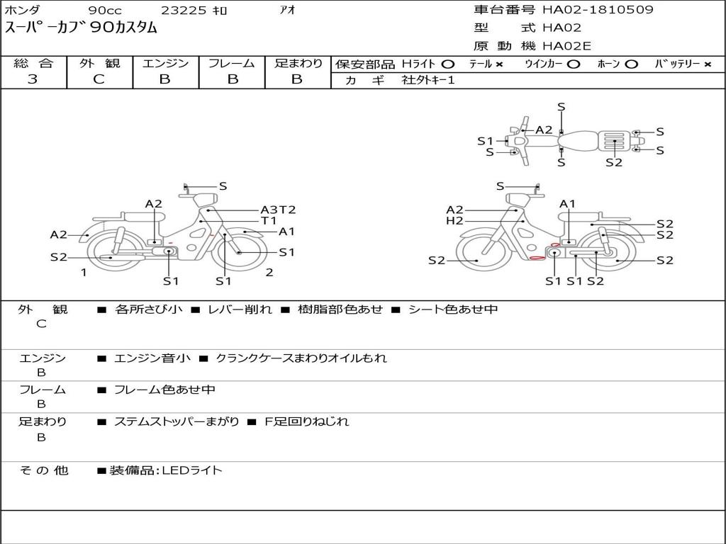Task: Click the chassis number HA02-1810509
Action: click(x=598, y=10)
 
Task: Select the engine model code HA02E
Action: click(x=566, y=46)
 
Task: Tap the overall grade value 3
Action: click(x=33, y=79)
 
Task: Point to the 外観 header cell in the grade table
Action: click(x=99, y=63)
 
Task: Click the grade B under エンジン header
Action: click(x=164, y=79)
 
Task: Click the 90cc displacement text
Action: click(x=105, y=10)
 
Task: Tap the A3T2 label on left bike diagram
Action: click(x=278, y=210)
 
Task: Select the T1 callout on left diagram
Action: click(x=269, y=221)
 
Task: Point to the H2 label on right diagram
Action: click(x=454, y=221)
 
